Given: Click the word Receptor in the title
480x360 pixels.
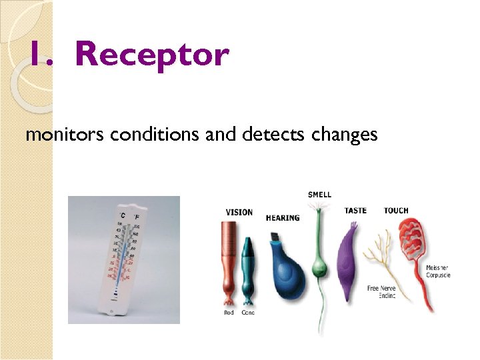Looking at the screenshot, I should tap(152, 54).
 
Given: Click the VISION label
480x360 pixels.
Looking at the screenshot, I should tap(239, 213).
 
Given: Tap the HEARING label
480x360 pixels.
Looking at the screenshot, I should tap(283, 218).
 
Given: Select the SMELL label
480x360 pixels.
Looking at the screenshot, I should tap(319, 195).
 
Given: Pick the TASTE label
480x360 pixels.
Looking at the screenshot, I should tap(355, 211).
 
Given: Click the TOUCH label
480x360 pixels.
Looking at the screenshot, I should tap(396, 211).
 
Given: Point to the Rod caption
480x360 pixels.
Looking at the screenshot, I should tap(229, 313).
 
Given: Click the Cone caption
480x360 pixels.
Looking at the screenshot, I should tap(247, 313).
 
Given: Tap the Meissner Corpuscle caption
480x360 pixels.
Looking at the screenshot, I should tap(438, 271).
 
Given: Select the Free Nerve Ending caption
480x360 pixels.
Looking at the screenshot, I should tap(382, 292).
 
